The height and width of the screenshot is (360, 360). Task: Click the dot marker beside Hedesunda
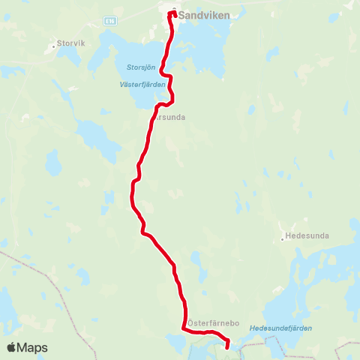pyautogui.click(x=283, y=238)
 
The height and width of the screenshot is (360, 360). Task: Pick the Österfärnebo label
pyautogui.click(x=213, y=322)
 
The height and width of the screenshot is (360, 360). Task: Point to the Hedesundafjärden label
pyautogui.click(x=280, y=328)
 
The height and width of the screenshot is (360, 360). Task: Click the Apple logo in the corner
pyautogui.click(x=12, y=347)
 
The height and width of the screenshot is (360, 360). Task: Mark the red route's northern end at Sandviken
pyautogui.click(x=173, y=11)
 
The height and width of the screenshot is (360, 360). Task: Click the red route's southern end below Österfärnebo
pyautogui.click(x=227, y=346)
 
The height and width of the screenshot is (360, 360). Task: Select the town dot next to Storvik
pyautogui.click(x=54, y=44)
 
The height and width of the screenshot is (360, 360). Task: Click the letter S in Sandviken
pyautogui.click(x=181, y=13)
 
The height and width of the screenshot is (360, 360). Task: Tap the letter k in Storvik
pyautogui.click(x=85, y=43)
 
